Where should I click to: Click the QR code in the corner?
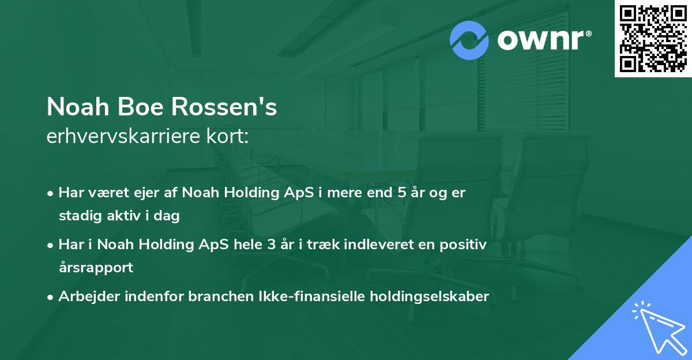(653, 39)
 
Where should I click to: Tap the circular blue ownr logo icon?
(469, 40)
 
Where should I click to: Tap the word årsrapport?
(96, 268)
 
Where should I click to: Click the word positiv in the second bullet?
(465, 245)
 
